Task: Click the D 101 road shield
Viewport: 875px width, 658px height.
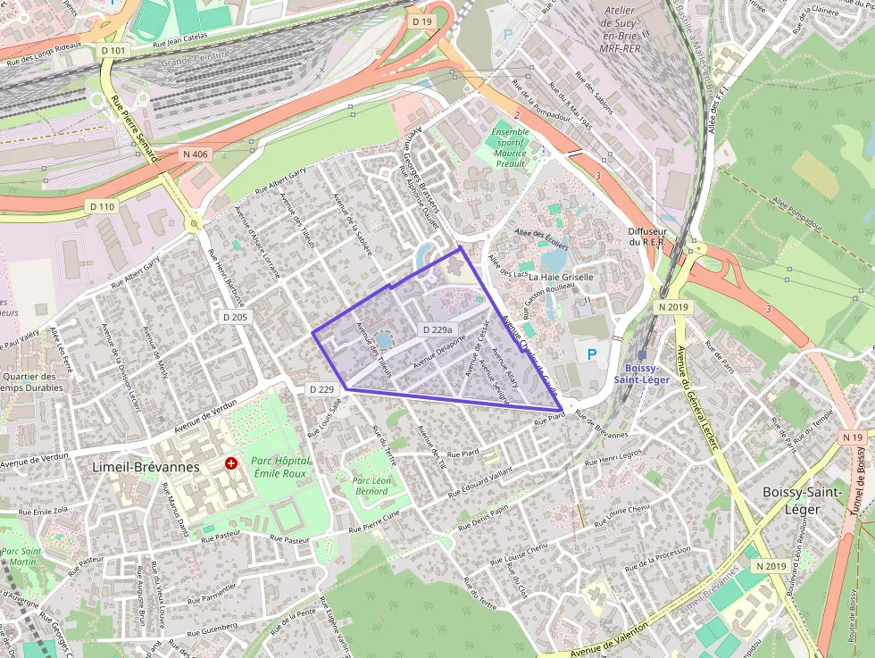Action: tap(113, 51)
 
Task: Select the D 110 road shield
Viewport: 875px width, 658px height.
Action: tap(103, 206)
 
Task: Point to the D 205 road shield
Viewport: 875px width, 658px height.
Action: tap(235, 317)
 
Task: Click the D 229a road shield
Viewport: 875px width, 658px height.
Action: tap(436, 329)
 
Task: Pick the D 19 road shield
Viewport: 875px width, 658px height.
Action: tap(421, 21)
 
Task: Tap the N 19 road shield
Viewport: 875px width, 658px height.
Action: tap(853, 437)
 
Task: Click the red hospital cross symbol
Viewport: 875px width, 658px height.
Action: tap(231, 464)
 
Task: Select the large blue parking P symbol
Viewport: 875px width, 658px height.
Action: tap(590, 354)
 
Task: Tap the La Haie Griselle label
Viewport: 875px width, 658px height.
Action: tap(561, 277)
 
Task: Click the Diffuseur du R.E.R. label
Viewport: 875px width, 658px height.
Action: tap(647, 236)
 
